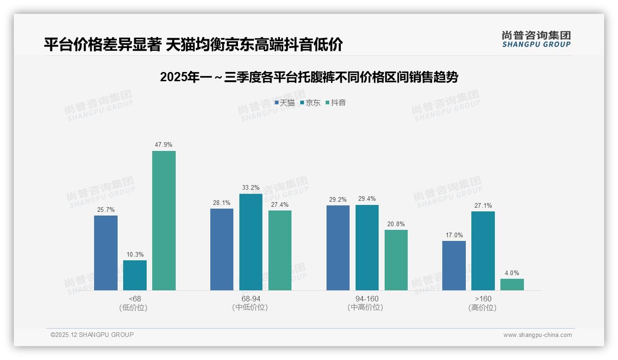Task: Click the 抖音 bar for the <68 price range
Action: [x=164, y=221]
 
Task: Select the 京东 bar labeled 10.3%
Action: [x=135, y=276]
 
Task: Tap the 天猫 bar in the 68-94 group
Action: [x=222, y=250]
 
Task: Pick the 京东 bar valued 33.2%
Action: [x=251, y=242]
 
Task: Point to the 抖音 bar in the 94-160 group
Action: [x=396, y=260]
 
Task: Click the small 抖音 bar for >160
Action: [x=512, y=285]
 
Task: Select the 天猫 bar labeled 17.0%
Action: [x=454, y=266]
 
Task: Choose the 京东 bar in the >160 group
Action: [x=483, y=251]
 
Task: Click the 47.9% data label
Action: [x=164, y=145]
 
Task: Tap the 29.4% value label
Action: [x=367, y=199]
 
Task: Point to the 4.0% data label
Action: [x=512, y=273]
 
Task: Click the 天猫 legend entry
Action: [x=285, y=103]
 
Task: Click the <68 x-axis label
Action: [x=135, y=299]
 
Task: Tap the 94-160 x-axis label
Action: [x=367, y=299]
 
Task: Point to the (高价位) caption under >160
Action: [x=482, y=308]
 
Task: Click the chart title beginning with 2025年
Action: [x=309, y=77]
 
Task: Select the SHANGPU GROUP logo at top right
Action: [x=536, y=39]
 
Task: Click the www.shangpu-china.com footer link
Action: [x=537, y=335]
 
